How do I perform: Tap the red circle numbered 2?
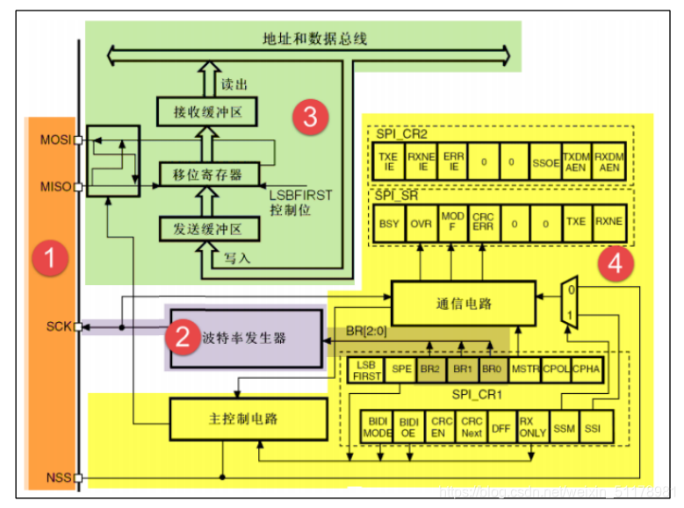183,337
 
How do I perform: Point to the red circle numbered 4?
615,263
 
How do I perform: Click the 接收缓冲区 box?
211,112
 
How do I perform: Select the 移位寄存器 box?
211,172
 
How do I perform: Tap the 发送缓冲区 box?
211,229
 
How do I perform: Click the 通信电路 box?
463,304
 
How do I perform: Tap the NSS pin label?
57,478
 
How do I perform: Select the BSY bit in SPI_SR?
388,224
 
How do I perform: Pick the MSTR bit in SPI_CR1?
524,369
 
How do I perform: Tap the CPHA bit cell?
586,369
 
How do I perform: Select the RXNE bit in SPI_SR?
607,224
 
